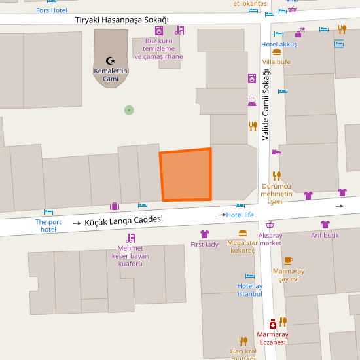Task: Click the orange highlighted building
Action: [x=187, y=175]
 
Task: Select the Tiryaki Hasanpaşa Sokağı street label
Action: [x=122, y=20]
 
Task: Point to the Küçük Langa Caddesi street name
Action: [x=123, y=221]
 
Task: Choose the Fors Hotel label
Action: [x=52, y=10]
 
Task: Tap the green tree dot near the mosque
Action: [x=129, y=110]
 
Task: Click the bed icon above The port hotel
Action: [x=48, y=212]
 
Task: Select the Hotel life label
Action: [x=240, y=215]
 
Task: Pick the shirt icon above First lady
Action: [x=204, y=234]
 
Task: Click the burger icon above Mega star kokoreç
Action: [x=243, y=233]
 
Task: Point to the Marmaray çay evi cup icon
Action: [x=288, y=261]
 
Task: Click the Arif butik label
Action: [x=325, y=235]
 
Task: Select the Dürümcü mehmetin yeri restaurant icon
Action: [x=277, y=175]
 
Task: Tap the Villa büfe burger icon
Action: [x=277, y=52]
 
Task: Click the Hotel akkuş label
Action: [x=279, y=45]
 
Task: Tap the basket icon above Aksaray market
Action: [x=270, y=225]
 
